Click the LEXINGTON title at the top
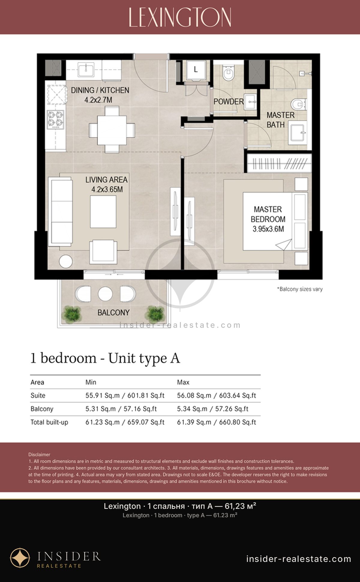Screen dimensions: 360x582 [x=180, y=17]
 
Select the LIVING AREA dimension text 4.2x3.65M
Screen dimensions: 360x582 [x=107, y=190]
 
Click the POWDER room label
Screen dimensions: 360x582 [x=229, y=102]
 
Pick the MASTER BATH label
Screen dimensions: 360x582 [x=280, y=120]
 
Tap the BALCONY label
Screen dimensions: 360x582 [x=113, y=312]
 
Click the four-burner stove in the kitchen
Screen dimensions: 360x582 [x=56, y=120]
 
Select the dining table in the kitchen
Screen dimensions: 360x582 [x=112, y=130]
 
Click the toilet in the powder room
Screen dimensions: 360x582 [x=229, y=73]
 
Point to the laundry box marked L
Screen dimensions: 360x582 [x=196, y=71]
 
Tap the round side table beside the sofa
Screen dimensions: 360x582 [x=66, y=261]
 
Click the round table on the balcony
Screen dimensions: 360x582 [x=105, y=294]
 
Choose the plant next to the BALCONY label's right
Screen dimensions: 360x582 [x=155, y=314]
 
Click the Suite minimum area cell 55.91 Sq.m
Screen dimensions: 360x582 [x=100, y=395]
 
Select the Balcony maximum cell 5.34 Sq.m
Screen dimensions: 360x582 [x=192, y=409]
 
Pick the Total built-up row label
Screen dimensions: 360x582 [x=49, y=422]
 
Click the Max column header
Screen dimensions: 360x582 [x=183, y=382]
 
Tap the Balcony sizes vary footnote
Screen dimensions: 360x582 [x=300, y=289]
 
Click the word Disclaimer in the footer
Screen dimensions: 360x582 [x=39, y=455]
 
